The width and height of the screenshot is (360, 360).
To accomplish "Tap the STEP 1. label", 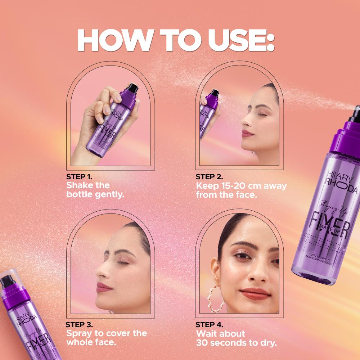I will (80, 177).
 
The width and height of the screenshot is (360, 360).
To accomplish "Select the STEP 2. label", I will (209, 177).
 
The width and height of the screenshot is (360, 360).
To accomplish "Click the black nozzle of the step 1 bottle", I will (130, 87).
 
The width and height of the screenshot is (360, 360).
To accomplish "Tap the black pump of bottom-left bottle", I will (6, 282).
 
